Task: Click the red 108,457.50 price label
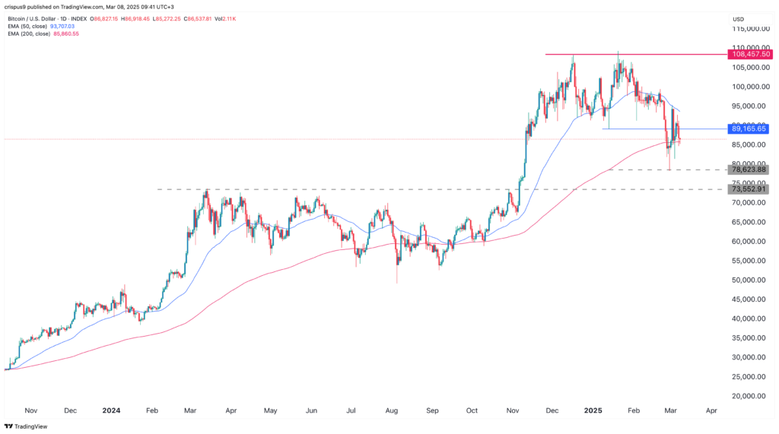[749, 54]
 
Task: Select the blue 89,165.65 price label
[749, 129]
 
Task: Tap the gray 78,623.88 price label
[749, 169]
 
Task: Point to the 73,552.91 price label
[749, 189]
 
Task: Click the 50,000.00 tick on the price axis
[749, 280]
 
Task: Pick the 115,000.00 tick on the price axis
[749, 29]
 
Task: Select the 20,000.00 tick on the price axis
[749, 396]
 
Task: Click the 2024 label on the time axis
[111, 410]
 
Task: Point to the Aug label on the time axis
[392, 410]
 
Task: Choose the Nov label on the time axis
[31, 410]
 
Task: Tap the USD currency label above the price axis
[738, 19]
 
